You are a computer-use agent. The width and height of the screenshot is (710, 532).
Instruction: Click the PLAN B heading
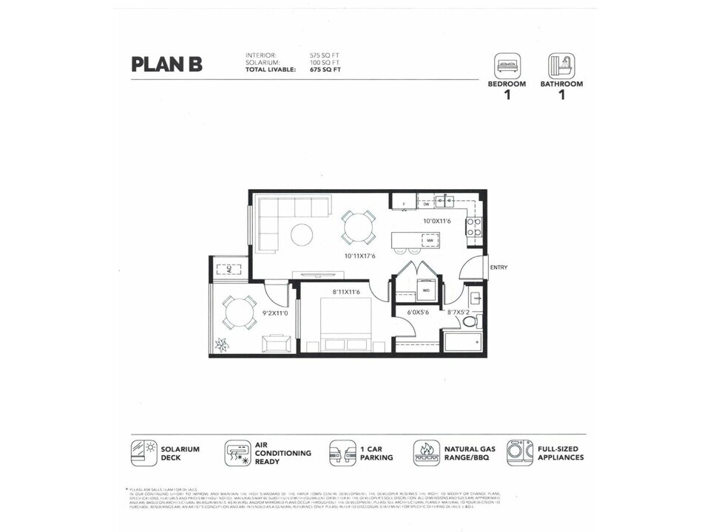point(166,64)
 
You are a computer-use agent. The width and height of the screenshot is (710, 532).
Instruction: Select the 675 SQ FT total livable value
point(325,69)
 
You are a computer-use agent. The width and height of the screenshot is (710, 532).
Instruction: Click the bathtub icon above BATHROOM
point(561,65)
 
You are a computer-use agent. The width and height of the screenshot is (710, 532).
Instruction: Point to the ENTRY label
point(498,267)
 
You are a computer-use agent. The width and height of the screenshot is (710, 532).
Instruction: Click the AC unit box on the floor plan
point(229,268)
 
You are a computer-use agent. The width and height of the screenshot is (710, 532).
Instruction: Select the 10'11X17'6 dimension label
point(359,256)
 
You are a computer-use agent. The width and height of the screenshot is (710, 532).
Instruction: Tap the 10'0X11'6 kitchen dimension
point(437,221)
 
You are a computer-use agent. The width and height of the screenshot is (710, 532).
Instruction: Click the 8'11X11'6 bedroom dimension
point(346,292)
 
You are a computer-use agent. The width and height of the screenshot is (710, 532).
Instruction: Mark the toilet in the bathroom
point(470,321)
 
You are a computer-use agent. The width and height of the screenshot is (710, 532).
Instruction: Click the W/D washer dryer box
point(426,290)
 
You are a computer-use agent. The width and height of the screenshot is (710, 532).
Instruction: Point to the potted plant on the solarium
point(221,344)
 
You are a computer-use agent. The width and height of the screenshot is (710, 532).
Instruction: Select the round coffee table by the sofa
point(302,235)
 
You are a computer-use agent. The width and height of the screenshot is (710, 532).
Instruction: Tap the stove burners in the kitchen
point(473,227)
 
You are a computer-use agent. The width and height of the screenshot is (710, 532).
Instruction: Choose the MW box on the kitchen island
point(429,240)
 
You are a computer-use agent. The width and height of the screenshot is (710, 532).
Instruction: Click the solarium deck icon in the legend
point(143,453)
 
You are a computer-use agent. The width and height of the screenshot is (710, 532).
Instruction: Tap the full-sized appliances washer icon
point(520,452)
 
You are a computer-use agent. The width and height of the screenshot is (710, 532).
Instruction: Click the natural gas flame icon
point(426,452)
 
